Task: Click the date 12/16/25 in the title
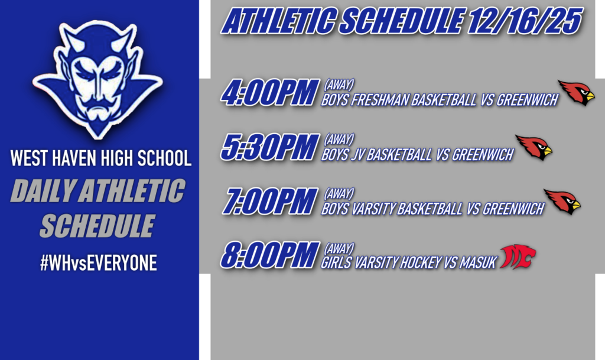[523, 22]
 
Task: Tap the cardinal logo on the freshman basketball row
[576, 93]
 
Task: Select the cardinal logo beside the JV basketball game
[534, 147]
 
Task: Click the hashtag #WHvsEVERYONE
[98, 263]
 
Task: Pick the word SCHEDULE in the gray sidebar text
[97, 226]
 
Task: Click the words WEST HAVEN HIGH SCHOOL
[100, 158]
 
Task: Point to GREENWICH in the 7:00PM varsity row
[513, 209]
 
